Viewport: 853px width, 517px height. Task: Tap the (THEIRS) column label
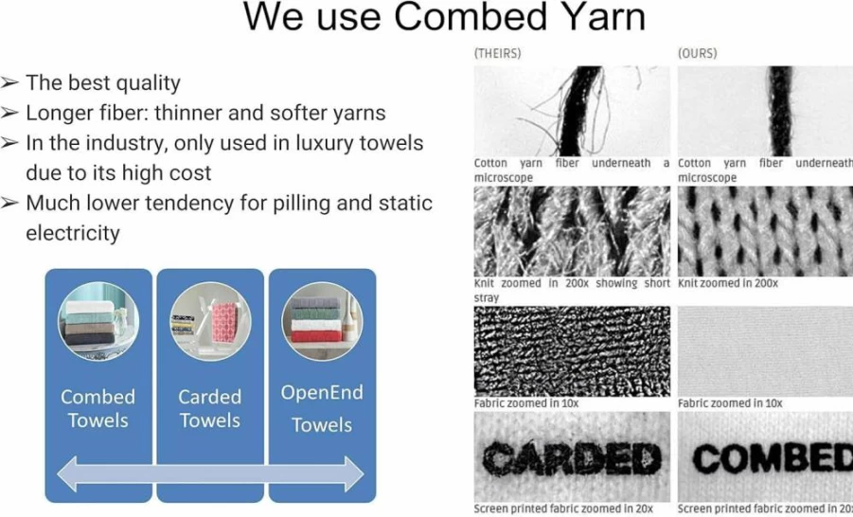click(x=497, y=53)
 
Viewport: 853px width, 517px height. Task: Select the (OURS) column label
click(x=698, y=53)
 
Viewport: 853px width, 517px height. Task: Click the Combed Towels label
click(x=98, y=408)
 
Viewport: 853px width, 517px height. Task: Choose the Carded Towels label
click(x=210, y=408)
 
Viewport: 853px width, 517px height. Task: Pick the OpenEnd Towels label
click(x=322, y=408)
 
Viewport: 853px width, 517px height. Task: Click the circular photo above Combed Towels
click(x=98, y=321)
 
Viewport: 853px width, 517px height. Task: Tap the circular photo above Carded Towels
click(x=210, y=321)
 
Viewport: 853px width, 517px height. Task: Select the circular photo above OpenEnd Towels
click(x=322, y=321)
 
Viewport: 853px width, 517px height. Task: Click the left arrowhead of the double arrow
click(x=68, y=474)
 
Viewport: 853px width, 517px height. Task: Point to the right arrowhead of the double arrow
click(x=352, y=474)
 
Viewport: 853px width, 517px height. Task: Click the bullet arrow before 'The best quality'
click(x=9, y=82)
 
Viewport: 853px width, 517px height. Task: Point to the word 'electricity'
click(x=73, y=233)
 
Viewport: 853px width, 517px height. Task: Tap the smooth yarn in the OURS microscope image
click(x=781, y=111)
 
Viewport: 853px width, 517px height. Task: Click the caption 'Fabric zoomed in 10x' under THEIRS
click(x=526, y=403)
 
